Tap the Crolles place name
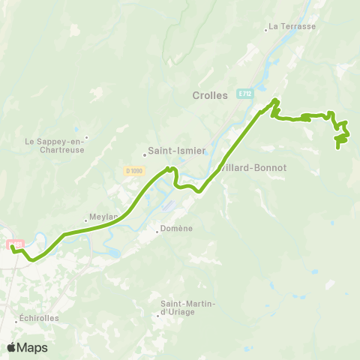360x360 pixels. tap(210, 94)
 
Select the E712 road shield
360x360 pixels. tap(244, 94)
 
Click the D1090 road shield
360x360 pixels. tap(134, 171)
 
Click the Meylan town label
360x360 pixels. tap(104, 217)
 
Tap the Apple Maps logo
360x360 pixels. tap(27, 347)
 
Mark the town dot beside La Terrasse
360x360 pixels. tap(266, 30)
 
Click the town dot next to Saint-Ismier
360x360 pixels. tap(145, 156)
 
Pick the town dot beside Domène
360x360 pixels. tap(157, 232)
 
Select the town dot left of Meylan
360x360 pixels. tap(87, 220)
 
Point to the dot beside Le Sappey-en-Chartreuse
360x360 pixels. tap(86, 137)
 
